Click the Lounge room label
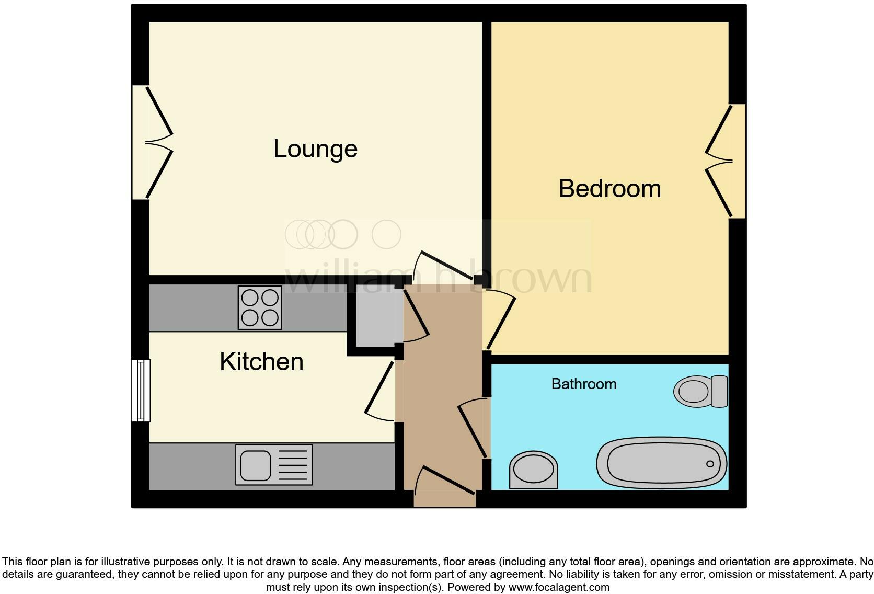315,150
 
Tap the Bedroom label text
609,189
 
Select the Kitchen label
261,362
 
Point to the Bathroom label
584,384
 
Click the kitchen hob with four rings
260,307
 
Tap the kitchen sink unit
274,465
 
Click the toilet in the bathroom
699,391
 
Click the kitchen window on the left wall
141,390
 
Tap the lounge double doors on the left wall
152,142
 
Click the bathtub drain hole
710,464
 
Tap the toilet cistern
719,391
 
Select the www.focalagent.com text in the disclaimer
559,587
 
